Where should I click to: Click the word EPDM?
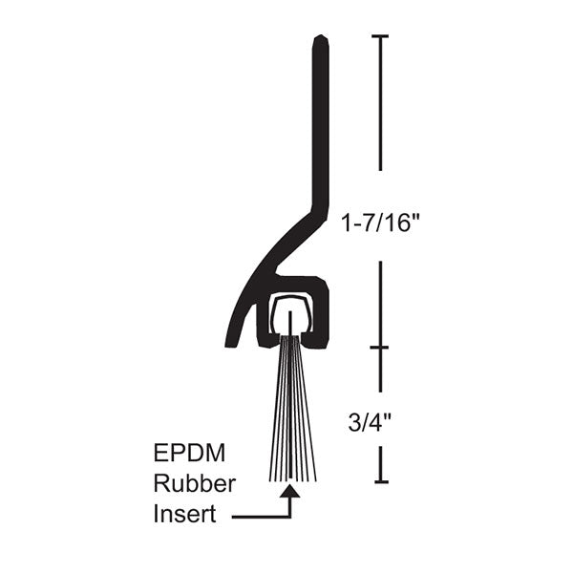pos(180,451)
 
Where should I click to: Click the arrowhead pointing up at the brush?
pos(290,494)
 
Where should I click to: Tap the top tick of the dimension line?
pos(381,36)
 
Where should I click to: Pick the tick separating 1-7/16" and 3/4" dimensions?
pos(381,348)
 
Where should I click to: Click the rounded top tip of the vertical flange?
pos(321,40)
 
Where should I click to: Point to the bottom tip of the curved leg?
pos(232,342)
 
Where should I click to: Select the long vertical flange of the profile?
pos(321,124)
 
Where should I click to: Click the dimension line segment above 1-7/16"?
pos(381,105)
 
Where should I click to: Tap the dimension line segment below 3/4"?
pos(381,463)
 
